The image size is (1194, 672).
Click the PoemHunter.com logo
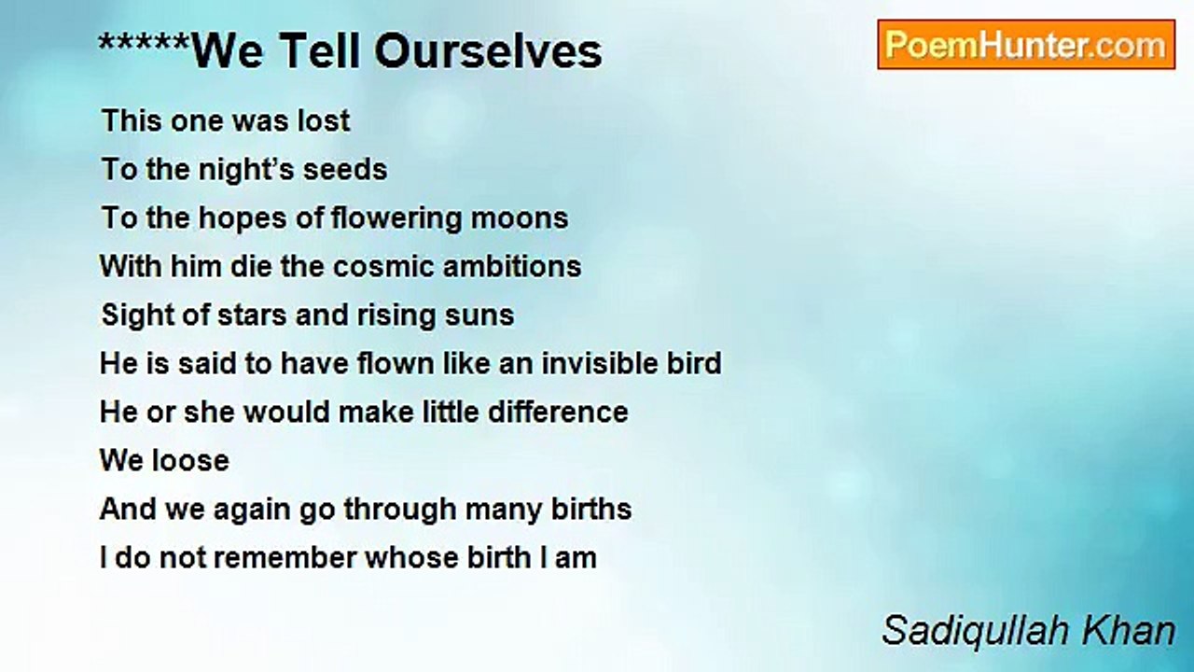[1026, 45]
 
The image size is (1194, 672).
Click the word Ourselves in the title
[488, 51]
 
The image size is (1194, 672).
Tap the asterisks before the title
[144, 44]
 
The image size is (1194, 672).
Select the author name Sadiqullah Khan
[1028, 630]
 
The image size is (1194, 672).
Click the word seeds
[345, 169]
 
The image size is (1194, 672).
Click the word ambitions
[512, 266]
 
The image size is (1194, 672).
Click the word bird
[694, 363]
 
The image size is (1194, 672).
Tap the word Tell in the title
[319, 51]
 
